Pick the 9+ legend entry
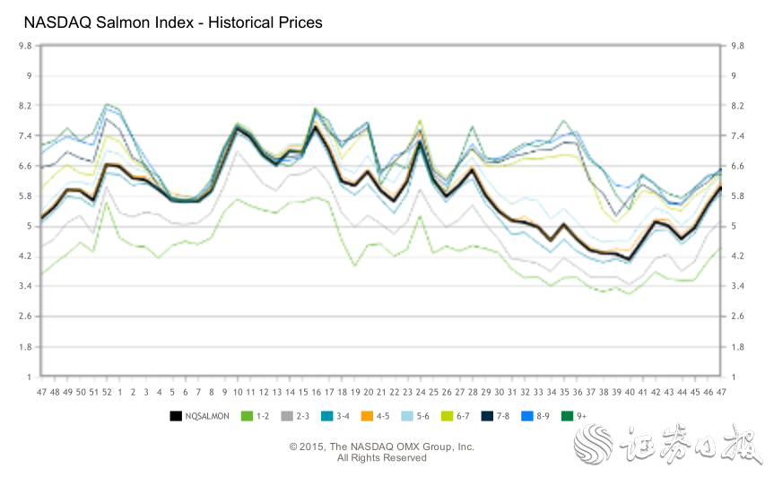pos(573,416)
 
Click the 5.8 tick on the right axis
pos(739,195)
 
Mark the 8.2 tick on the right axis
pos(739,105)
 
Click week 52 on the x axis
pos(107,393)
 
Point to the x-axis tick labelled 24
pos(421,393)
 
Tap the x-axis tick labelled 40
pos(630,393)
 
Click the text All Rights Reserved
pos(381,458)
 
